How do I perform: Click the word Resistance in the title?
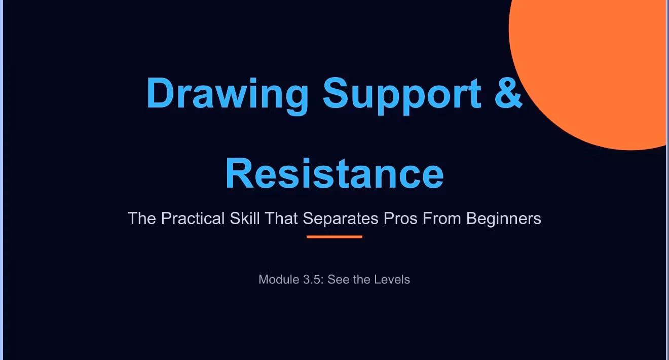click(x=334, y=173)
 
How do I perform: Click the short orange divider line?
click(x=334, y=237)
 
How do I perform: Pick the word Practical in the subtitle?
click(x=193, y=218)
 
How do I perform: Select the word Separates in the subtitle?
click(x=341, y=219)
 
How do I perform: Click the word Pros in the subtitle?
click(x=400, y=218)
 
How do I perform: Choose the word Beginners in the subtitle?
click(x=504, y=219)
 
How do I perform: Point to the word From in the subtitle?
click(x=442, y=218)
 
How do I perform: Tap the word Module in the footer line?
click(x=279, y=280)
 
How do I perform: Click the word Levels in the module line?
click(x=392, y=280)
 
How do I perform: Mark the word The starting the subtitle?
click(x=142, y=218)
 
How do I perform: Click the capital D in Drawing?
click(x=161, y=93)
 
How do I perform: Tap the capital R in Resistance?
click(x=239, y=173)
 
